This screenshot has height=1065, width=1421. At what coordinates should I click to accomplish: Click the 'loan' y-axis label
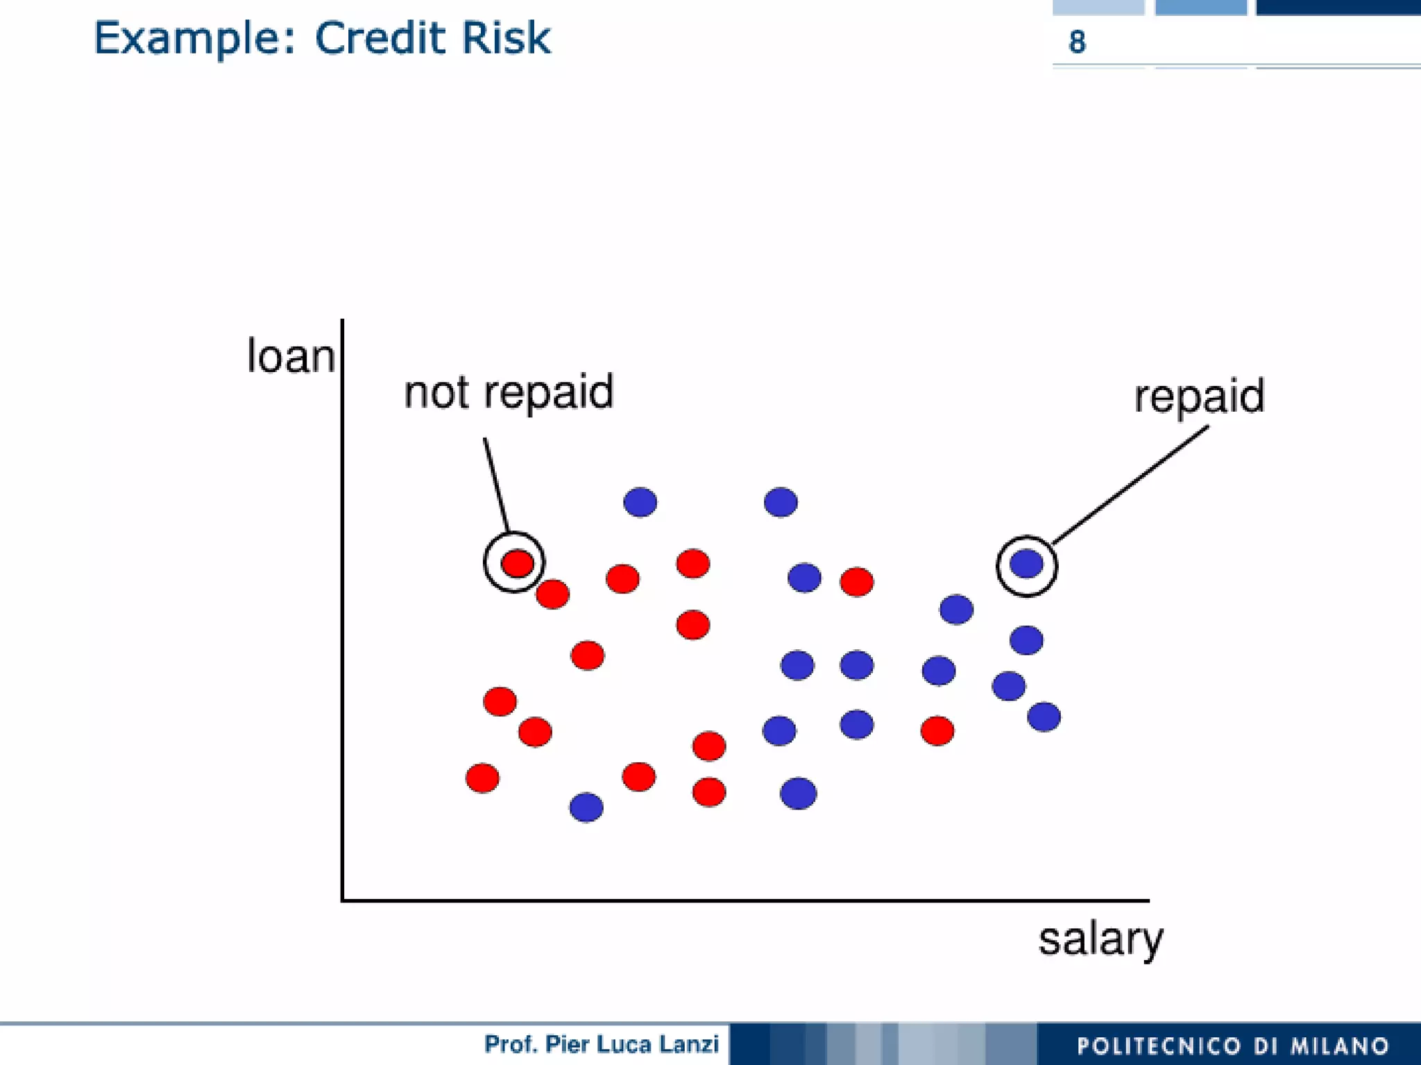[291, 357]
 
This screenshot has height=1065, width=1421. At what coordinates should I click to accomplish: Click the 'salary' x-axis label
[1100, 939]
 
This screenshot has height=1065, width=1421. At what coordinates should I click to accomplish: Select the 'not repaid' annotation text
[509, 392]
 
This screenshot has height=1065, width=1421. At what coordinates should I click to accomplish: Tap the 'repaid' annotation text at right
[1199, 396]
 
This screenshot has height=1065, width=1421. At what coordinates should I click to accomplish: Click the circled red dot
[517, 563]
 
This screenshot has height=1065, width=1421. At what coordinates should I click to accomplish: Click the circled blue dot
[1026, 563]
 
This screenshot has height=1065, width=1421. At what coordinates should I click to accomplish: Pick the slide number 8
[1077, 42]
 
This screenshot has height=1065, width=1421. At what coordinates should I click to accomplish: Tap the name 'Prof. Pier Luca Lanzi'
[601, 1044]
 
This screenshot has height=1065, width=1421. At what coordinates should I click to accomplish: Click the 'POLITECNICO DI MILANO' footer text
[1232, 1046]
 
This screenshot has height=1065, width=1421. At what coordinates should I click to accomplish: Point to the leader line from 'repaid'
[1131, 485]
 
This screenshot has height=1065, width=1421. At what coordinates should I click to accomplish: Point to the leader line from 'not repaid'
[496, 485]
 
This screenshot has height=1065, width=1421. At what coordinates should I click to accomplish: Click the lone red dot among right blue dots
[937, 730]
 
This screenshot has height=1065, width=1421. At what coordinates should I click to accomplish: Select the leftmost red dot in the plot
[482, 778]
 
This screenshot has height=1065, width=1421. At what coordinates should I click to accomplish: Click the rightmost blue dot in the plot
[1044, 716]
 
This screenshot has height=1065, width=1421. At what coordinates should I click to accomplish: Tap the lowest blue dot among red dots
[586, 807]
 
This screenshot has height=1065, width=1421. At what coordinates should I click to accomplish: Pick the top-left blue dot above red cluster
[640, 502]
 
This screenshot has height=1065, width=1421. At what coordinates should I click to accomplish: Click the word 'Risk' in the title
[506, 38]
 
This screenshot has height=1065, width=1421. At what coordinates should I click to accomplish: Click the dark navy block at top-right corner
[1338, 7]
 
